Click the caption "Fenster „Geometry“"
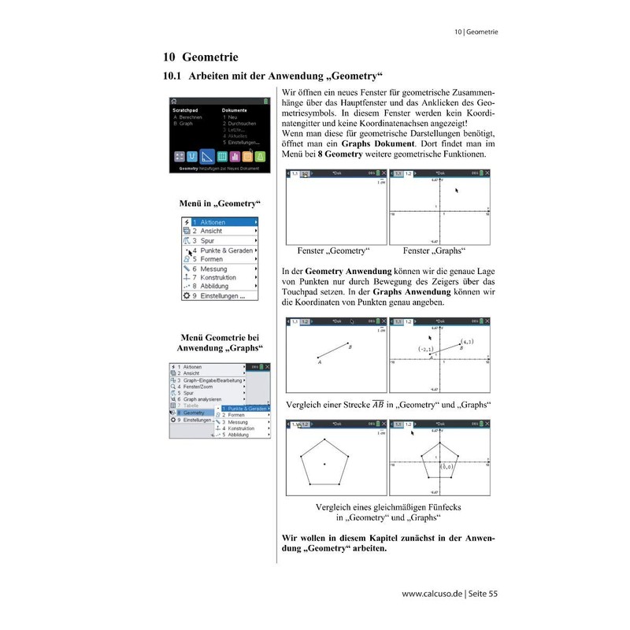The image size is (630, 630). click(x=334, y=251)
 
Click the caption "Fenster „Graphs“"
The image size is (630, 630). click(x=434, y=251)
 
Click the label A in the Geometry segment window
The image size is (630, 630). click(x=319, y=363)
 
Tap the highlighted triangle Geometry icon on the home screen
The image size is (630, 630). click(x=207, y=156)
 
